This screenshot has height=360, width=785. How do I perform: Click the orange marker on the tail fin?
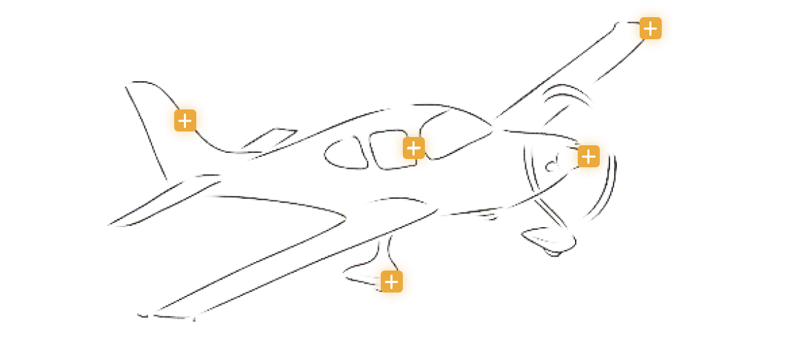pyautogui.click(x=185, y=120)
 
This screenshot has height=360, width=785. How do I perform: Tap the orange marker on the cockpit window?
pyautogui.click(x=413, y=148)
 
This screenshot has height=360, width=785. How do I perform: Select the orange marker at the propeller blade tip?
pyautogui.click(x=649, y=28)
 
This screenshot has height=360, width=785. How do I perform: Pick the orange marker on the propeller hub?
pyautogui.click(x=587, y=156)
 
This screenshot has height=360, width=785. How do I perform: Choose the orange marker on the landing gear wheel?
pyautogui.click(x=391, y=282)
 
